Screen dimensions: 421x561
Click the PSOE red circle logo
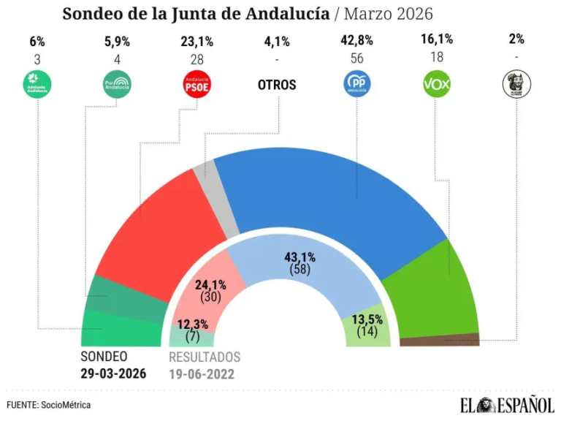(196, 85)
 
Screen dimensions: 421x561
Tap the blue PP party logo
(357, 85)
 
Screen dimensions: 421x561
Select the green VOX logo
(437, 85)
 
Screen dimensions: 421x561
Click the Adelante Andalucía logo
(38, 85)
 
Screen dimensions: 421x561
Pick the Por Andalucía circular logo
(117, 85)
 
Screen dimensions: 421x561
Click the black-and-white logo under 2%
(517, 85)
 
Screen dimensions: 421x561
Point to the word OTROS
(277, 85)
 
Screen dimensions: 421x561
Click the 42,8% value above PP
(357, 40)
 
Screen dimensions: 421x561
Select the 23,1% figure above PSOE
(196, 40)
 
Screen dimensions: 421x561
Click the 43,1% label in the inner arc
(299, 257)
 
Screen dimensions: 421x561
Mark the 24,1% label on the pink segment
(211, 286)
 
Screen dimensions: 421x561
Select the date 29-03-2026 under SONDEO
(113, 373)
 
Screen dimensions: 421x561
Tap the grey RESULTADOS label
(204, 357)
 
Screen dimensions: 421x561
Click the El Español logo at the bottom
(505, 404)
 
